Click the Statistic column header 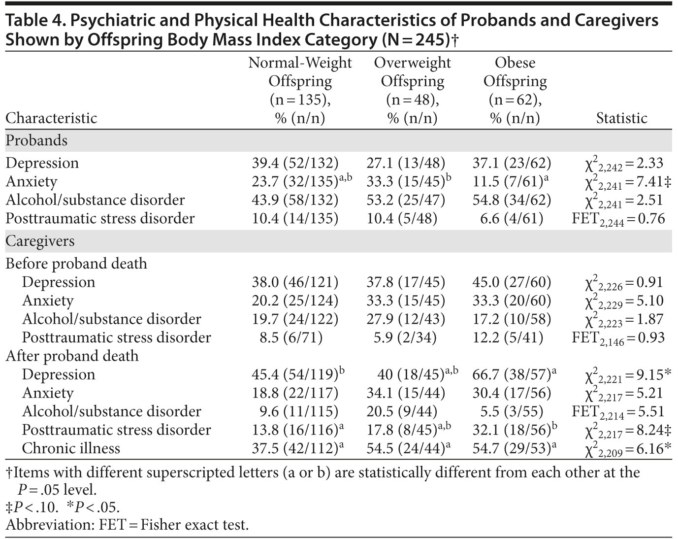[x=621, y=118]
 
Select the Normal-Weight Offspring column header [x=300, y=90]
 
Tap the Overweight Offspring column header [x=412, y=90]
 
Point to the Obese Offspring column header [x=515, y=90]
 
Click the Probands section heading [x=36, y=141]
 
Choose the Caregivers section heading [x=40, y=241]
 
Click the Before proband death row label [x=76, y=264]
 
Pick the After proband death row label [x=72, y=356]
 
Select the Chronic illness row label [x=71, y=448]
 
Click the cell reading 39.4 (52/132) [x=295, y=163]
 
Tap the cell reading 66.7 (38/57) [x=511, y=375]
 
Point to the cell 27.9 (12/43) [x=405, y=319]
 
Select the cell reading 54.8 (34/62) [x=512, y=200]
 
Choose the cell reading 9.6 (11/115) [x=295, y=411]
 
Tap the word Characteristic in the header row [x=51, y=118]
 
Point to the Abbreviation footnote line [x=127, y=525]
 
